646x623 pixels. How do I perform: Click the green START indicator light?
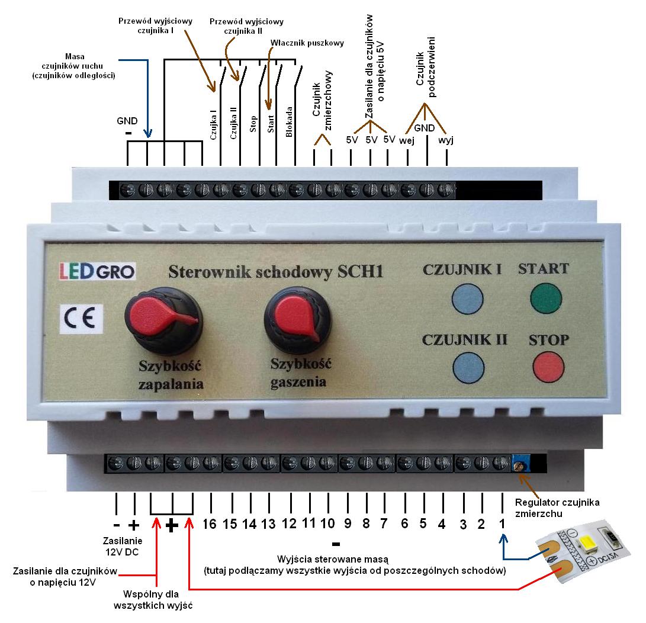click(x=546, y=297)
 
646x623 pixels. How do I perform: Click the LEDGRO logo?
click(x=97, y=271)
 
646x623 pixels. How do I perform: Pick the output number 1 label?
click(x=501, y=524)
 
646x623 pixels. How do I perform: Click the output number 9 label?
click(x=348, y=524)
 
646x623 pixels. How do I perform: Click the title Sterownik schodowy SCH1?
click(x=276, y=272)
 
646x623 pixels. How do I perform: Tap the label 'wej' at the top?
click(x=406, y=140)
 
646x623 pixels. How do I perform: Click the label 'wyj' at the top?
click(x=446, y=140)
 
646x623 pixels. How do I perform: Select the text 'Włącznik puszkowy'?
click(x=307, y=43)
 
